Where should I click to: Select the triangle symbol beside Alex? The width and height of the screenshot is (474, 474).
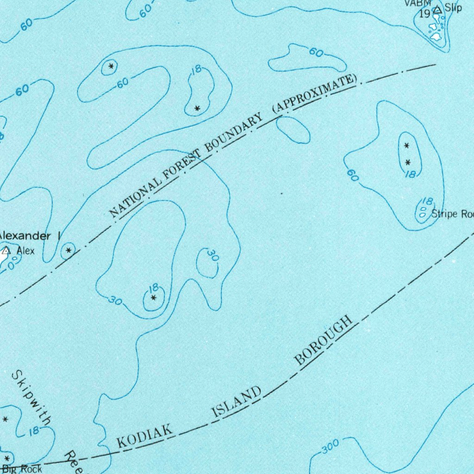[x=6, y=251]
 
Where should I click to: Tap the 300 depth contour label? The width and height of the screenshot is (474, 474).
[x=330, y=447]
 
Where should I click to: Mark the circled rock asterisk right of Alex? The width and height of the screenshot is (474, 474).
[x=69, y=250]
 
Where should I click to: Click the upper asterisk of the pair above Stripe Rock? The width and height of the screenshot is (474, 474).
[x=407, y=146]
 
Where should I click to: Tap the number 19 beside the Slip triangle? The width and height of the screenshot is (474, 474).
[x=424, y=13]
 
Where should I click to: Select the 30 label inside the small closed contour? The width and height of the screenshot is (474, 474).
[x=212, y=256]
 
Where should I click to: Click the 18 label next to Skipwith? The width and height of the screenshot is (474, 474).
[x=33, y=431]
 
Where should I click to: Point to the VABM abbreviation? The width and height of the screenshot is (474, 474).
[x=414, y=3]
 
